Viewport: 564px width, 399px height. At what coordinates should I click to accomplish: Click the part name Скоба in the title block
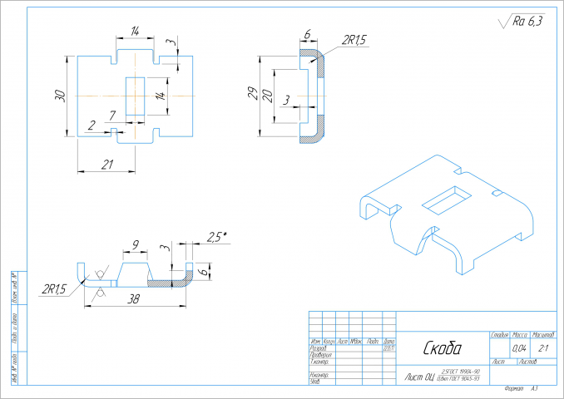(443, 347)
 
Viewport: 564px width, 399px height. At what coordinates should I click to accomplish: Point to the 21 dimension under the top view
(106, 165)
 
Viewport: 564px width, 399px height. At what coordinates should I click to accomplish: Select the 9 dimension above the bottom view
(134, 245)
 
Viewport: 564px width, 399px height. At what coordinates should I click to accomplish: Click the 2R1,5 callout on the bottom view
(55, 289)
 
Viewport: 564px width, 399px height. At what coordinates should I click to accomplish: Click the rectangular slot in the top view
(134, 96)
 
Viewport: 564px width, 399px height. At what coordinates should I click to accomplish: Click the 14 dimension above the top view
(133, 32)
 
